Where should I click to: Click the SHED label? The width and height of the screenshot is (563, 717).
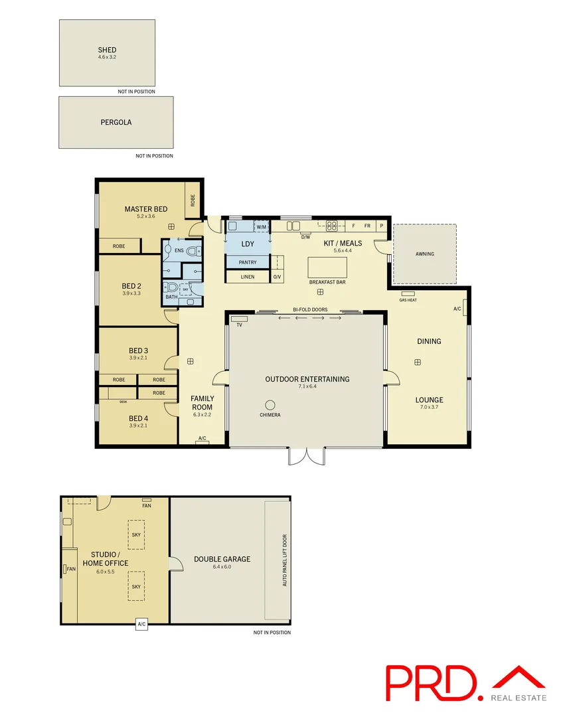click(107, 50)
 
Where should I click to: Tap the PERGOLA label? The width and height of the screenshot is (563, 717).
click(116, 122)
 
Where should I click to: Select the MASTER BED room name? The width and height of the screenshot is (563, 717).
click(145, 209)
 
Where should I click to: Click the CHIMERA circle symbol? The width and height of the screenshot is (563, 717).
click(270, 405)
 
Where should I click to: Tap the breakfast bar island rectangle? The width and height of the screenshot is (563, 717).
click(327, 268)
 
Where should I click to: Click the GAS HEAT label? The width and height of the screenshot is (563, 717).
click(408, 300)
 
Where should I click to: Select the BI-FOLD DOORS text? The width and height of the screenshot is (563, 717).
click(310, 309)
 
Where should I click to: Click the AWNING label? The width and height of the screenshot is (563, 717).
click(425, 254)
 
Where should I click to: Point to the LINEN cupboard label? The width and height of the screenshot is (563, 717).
click(248, 277)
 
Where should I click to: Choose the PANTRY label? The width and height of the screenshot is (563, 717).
click(248, 262)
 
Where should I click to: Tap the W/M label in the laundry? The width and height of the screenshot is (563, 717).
click(262, 227)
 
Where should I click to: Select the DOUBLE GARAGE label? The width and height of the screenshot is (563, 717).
click(222, 559)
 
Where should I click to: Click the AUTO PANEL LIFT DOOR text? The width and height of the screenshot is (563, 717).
click(285, 560)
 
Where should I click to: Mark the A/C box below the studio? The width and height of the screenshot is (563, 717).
click(141, 624)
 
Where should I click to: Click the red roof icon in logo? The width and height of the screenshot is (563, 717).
click(519, 677)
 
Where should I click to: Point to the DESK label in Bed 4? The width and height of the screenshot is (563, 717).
click(123, 402)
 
